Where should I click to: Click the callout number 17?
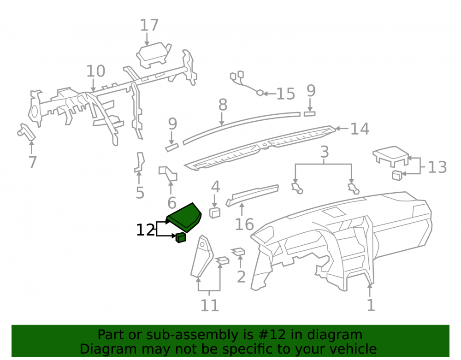(x=149, y=25)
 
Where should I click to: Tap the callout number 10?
(x=95, y=71)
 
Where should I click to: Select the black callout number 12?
(x=146, y=230)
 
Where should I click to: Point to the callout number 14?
(x=360, y=129)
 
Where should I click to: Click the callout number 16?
(x=244, y=224)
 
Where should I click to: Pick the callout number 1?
(x=371, y=305)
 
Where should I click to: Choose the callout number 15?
(x=286, y=94)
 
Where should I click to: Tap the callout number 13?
(x=437, y=167)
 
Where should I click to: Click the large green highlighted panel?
(x=184, y=218)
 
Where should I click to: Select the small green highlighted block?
(x=181, y=237)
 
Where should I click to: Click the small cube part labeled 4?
(x=215, y=212)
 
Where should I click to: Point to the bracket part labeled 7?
(x=26, y=132)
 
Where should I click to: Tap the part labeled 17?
(x=154, y=55)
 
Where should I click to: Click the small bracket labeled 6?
(x=168, y=173)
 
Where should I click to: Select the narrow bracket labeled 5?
(x=140, y=162)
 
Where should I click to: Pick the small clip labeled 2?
(x=238, y=251)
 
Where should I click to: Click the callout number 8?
(x=223, y=105)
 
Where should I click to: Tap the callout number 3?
(x=324, y=152)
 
